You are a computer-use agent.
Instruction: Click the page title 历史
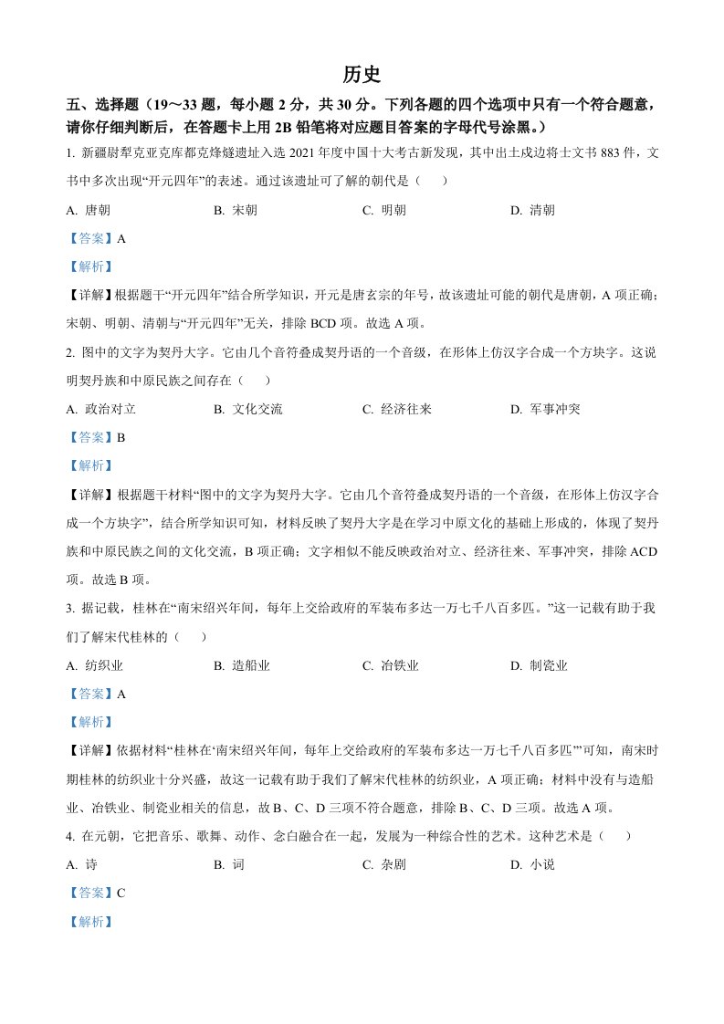[362, 74]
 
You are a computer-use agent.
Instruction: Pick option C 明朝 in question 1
[384, 210]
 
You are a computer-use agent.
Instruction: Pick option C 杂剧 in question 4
[384, 864]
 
